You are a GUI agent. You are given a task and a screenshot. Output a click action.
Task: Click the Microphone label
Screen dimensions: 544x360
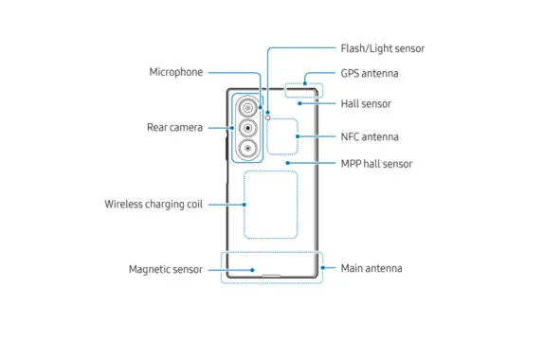[x=176, y=72]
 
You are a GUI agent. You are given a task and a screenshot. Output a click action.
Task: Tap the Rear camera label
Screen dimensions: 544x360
[x=173, y=127]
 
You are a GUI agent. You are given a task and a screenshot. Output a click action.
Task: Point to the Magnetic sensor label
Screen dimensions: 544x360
[x=166, y=269]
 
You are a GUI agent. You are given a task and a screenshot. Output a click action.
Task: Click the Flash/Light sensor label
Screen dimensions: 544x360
[x=382, y=48]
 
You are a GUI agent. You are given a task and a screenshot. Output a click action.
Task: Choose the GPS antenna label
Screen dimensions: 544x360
[x=369, y=73]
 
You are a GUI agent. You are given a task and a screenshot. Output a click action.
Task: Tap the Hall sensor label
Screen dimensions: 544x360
[x=366, y=103]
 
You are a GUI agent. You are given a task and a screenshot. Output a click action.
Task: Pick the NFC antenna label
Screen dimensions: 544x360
[x=369, y=136]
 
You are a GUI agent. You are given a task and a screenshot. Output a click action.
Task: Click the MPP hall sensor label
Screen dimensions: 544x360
[x=376, y=163]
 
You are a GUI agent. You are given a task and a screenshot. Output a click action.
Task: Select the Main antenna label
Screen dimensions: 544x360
[x=371, y=268]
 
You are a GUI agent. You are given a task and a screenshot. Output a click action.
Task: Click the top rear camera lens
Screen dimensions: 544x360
[x=248, y=107]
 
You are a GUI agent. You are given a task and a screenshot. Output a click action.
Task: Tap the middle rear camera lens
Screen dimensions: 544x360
[x=248, y=128]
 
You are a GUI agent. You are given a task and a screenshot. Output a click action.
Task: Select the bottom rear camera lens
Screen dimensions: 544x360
[x=248, y=149]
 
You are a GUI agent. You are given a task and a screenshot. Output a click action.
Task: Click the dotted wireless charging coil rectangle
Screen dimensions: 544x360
[x=271, y=204]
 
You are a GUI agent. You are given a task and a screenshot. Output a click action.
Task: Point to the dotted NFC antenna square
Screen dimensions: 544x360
[x=284, y=135]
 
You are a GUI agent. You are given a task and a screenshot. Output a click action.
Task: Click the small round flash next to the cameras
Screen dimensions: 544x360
[x=268, y=117]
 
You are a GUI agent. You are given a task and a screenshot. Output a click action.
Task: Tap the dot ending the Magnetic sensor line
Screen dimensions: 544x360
[x=253, y=269]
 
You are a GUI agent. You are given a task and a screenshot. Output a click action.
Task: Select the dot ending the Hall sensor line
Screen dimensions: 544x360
[x=301, y=103]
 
